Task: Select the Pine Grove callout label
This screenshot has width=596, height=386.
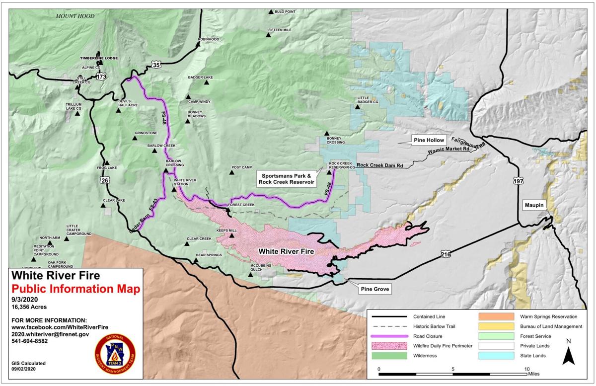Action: (x=374, y=288)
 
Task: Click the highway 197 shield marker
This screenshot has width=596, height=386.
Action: (x=519, y=182)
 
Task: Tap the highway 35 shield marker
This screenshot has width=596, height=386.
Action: (x=157, y=65)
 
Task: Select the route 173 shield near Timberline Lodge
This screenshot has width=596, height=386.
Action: (x=102, y=77)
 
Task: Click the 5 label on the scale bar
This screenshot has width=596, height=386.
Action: (x=453, y=370)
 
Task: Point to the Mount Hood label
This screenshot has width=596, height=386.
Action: (x=74, y=16)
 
